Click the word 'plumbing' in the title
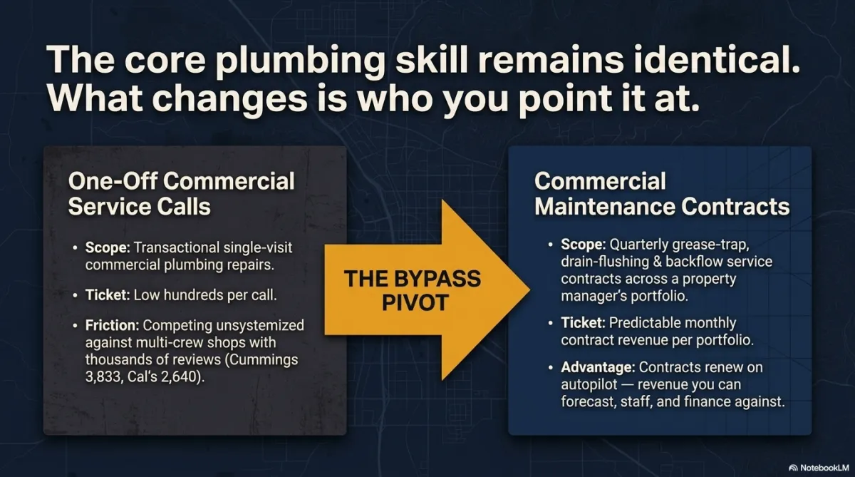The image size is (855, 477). point(300,61)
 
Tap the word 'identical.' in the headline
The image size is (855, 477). point(717,59)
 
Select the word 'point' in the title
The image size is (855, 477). point(559,98)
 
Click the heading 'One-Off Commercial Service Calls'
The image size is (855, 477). point(181,194)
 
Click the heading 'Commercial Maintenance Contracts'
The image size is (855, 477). point(662,194)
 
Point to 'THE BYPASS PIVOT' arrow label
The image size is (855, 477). point(413,290)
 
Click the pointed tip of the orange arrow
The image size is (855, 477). point(530,290)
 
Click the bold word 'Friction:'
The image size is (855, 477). point(113,325)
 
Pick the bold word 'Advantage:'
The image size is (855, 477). point(598,367)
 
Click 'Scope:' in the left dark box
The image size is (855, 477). point(108,247)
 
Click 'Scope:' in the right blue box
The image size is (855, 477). point(584,245)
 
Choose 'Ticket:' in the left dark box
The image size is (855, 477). point(108,295)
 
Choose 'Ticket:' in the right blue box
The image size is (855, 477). point(583,323)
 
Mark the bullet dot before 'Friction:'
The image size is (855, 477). point(75,326)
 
